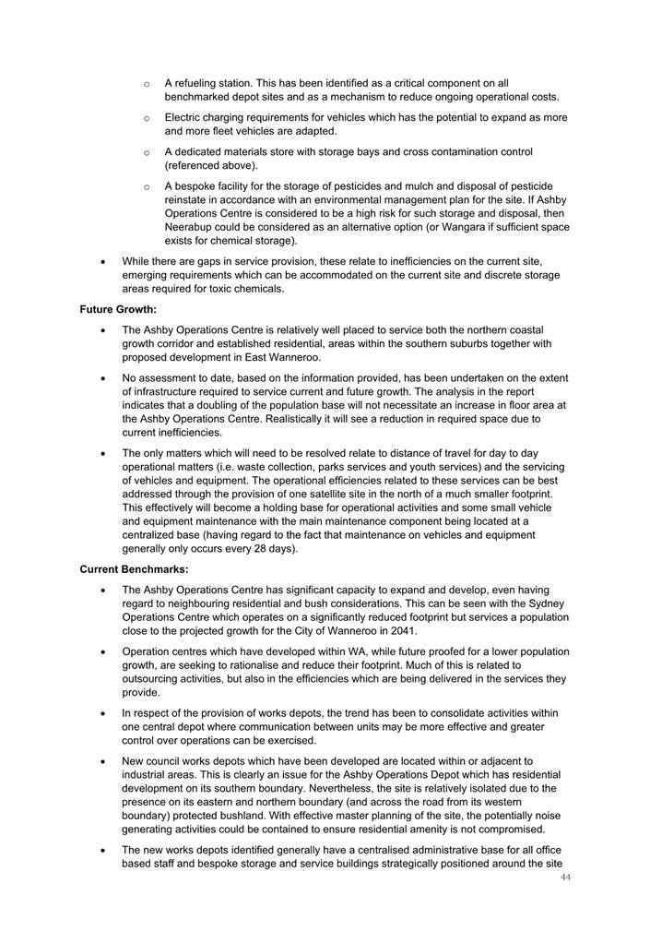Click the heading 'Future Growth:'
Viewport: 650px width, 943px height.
pos(118,309)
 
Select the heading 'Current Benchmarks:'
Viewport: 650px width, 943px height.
pos(134,569)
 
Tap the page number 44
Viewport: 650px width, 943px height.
pos(565,877)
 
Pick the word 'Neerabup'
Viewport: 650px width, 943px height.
pos(193,226)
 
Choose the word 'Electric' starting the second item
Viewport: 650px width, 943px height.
pos(183,117)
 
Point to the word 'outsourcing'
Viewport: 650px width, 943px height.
pos(150,678)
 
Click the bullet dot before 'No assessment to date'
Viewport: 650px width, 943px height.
pos(103,378)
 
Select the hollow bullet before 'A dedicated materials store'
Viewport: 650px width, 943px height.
pos(147,152)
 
